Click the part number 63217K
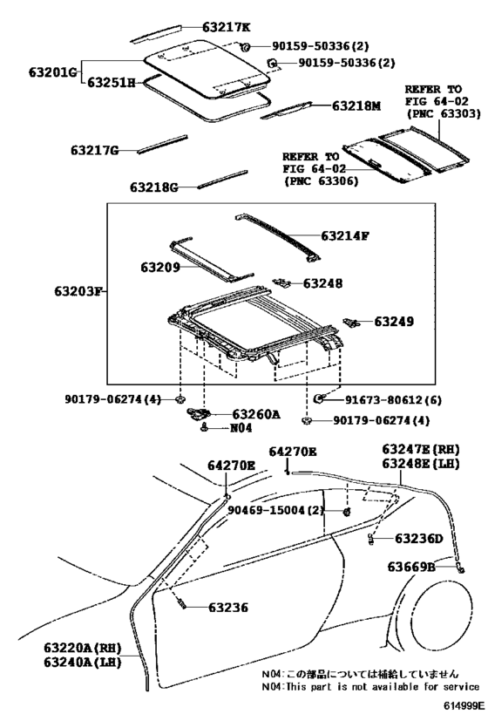pos(227,27)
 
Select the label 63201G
pos(53,72)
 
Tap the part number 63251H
pos(111,83)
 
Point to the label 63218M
pos(356,105)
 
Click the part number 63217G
pos(95,150)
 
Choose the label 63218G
pos(154,187)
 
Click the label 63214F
pos(344,235)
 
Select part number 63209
pos(159,267)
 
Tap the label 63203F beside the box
pos(78,290)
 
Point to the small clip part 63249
pos(351,323)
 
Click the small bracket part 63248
pos(282,282)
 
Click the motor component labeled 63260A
pos(198,413)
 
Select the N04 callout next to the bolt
pos(241,428)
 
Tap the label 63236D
pos(418,539)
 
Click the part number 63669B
pos(411,567)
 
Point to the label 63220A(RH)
pos(83,648)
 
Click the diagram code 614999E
pos(462,706)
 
